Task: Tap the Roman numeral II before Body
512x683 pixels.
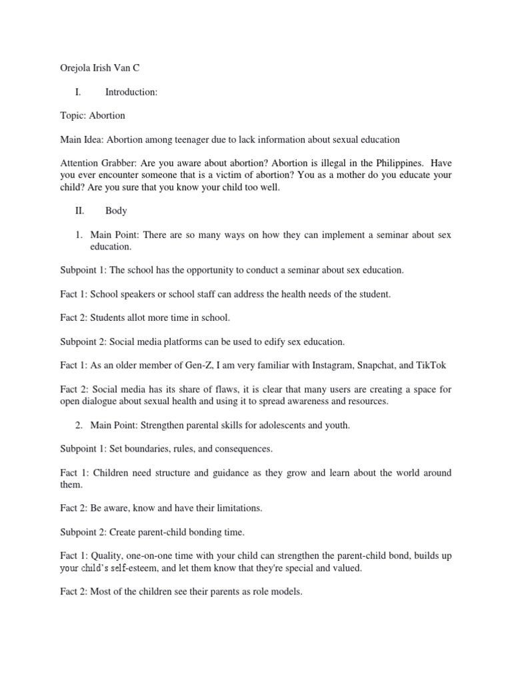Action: pos(79,210)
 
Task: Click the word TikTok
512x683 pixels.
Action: pos(433,365)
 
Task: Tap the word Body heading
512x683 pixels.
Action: pos(116,210)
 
